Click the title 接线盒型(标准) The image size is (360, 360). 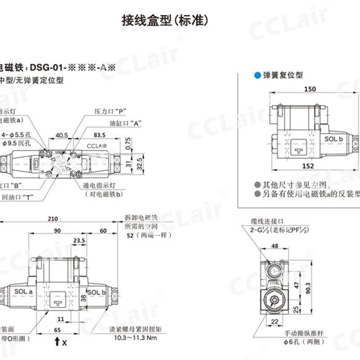coord(166,20)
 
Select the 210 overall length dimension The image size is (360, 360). coord(53,219)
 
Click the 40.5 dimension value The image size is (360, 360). coord(61,135)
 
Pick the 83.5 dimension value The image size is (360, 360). coord(99,135)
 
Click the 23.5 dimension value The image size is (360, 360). coord(79,241)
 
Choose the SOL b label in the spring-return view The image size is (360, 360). coord(334,139)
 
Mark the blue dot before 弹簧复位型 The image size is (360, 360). coord(257,76)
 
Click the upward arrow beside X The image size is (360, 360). coord(57,342)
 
